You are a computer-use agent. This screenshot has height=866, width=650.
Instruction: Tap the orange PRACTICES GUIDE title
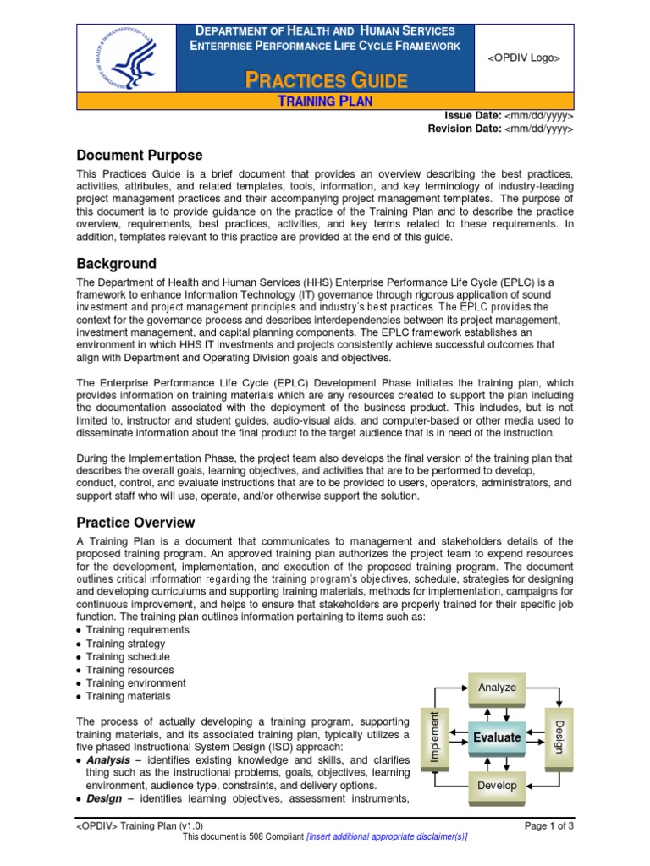[x=327, y=81]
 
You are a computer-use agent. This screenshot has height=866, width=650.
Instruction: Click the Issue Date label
[x=472, y=116]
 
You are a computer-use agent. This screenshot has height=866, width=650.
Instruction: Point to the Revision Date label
[x=464, y=129]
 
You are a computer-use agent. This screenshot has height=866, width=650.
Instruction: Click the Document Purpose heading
[x=140, y=156]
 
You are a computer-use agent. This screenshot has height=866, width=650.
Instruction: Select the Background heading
[x=117, y=264]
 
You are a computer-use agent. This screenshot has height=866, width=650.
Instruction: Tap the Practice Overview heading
[x=135, y=523]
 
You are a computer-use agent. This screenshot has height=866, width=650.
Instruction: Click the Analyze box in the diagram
[x=497, y=688]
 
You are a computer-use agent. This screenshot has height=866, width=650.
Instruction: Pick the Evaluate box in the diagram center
[x=497, y=737]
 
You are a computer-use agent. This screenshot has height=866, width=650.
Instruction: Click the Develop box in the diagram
[x=497, y=786]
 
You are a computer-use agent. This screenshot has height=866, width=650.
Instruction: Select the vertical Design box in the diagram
[x=558, y=737]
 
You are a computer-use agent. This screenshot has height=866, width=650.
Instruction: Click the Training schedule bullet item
[x=128, y=657]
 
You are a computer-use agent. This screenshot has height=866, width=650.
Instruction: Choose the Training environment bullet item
[x=136, y=683]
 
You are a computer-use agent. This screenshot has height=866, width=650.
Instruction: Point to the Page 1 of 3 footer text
[x=549, y=825]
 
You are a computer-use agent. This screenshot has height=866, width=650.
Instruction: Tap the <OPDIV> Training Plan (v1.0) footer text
[x=140, y=825]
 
